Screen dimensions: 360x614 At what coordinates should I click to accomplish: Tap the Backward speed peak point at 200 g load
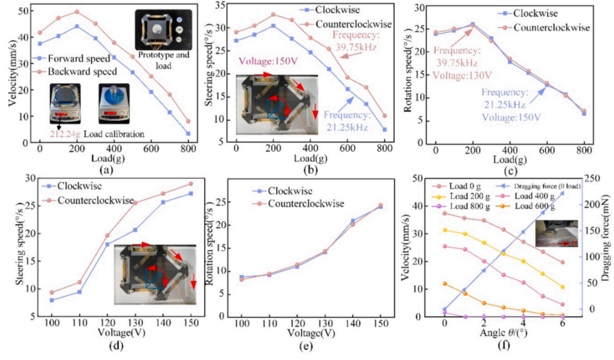pyautogui.click(x=77, y=11)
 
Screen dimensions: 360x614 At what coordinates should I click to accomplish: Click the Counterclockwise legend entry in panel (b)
pyautogui.click(x=357, y=24)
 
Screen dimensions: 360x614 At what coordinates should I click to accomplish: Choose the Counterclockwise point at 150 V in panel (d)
pyautogui.click(x=191, y=184)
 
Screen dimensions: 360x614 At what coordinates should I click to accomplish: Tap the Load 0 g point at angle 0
pyautogui.click(x=445, y=213)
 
